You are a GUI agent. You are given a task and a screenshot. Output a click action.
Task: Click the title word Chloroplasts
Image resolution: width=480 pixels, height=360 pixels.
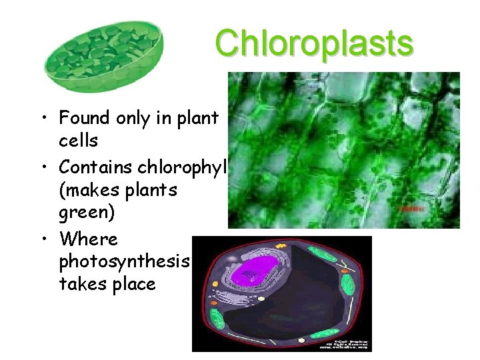314,44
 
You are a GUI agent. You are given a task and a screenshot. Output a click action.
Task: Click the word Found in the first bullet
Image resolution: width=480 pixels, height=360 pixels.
82,118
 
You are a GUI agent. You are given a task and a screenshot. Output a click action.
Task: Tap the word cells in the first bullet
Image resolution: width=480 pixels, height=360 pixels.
78,141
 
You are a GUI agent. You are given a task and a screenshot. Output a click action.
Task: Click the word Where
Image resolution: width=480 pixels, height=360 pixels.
87,239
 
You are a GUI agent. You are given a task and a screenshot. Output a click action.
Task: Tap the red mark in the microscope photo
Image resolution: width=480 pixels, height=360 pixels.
411,209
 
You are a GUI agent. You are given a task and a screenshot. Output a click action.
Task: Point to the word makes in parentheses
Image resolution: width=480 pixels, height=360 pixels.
90,190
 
